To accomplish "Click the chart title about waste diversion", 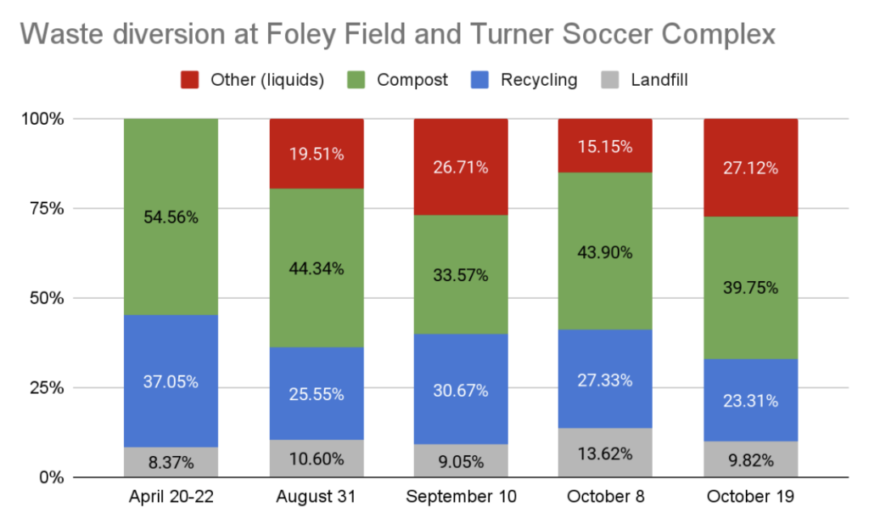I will point(397,35).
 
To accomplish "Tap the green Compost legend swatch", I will point(356,80).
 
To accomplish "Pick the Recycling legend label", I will point(539,80).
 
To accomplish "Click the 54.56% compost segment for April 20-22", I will point(171,217).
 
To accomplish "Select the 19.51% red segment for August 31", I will point(316,154).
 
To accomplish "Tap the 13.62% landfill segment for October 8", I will point(605,453).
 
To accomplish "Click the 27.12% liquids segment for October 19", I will point(750,167).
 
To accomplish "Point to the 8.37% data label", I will point(171,463).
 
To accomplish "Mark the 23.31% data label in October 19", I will point(750,402).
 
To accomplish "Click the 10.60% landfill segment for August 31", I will point(316,459).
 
